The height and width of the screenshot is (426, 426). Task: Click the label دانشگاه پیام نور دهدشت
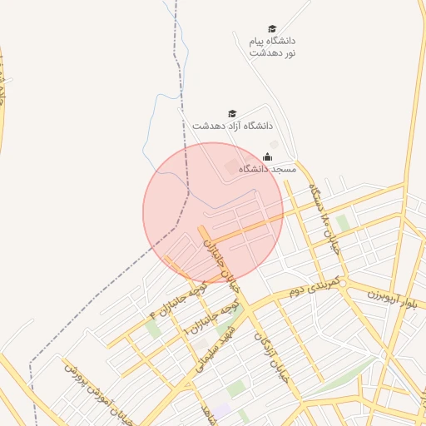(x=273, y=47)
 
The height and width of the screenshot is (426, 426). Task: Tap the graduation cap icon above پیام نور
(x=272, y=29)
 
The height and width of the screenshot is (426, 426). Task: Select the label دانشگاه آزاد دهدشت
(x=233, y=125)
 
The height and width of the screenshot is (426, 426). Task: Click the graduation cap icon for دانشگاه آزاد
(x=232, y=113)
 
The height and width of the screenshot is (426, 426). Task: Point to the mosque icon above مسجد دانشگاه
(x=268, y=156)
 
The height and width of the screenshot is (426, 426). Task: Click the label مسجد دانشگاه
(x=268, y=169)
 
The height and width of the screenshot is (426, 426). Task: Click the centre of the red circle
(x=213, y=213)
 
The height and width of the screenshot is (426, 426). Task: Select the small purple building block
(x=220, y=410)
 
